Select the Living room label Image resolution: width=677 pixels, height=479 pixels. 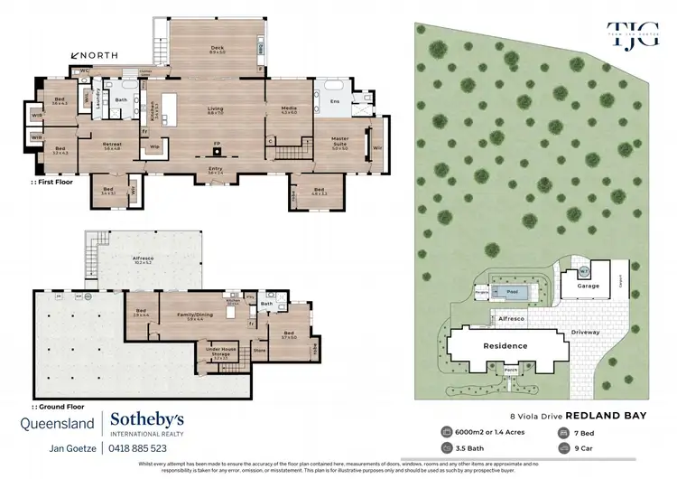(x=216, y=110)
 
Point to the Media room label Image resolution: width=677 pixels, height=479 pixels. (x=289, y=109)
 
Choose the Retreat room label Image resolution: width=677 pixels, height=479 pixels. (x=112, y=146)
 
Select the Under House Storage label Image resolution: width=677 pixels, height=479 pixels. (x=221, y=347)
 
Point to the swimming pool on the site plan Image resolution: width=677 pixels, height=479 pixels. (x=513, y=293)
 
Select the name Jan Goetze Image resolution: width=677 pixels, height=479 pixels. (x=72, y=448)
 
